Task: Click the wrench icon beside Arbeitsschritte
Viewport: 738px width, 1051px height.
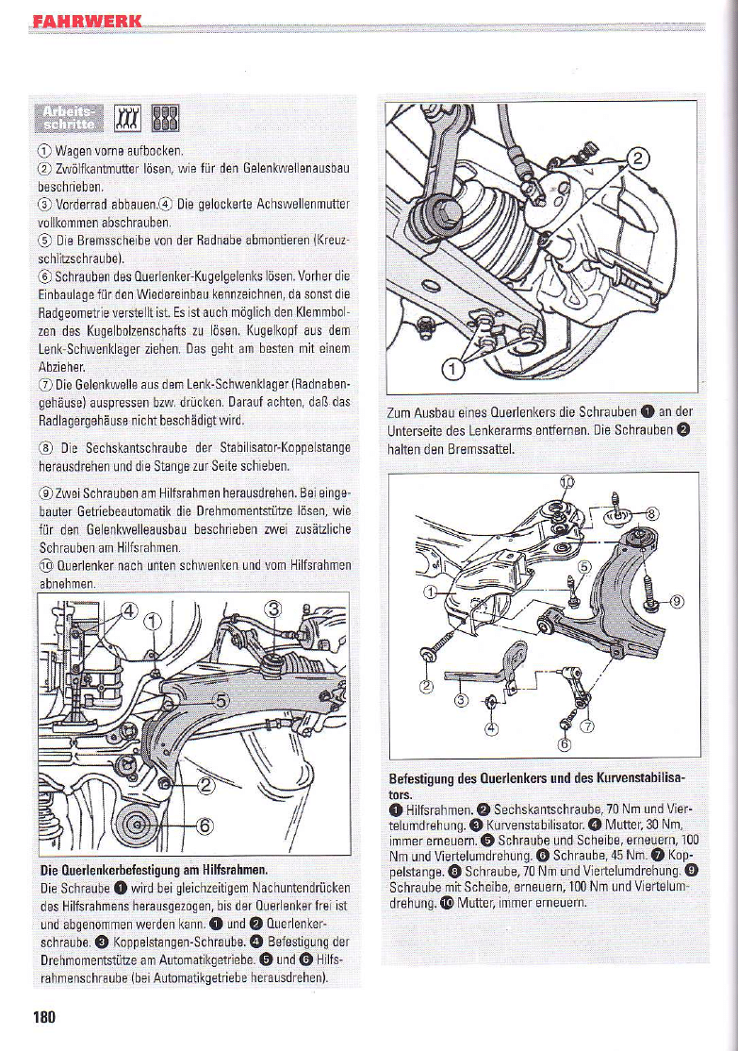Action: [x=127, y=119]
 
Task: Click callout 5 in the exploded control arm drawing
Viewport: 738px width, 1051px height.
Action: [x=583, y=567]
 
